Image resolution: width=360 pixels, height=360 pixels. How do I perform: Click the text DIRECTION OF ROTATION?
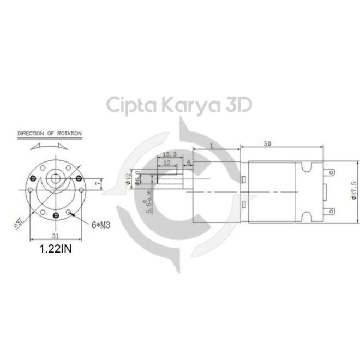click(50, 133)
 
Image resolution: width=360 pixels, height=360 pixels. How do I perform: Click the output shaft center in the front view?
click(56, 178)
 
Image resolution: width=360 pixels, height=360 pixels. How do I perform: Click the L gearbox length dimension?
click(212, 145)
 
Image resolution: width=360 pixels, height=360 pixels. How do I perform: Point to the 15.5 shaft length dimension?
click(169, 155)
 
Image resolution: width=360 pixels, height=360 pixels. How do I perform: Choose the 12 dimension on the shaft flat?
click(166, 163)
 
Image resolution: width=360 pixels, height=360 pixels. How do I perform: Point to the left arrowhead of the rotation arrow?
click(32, 146)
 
